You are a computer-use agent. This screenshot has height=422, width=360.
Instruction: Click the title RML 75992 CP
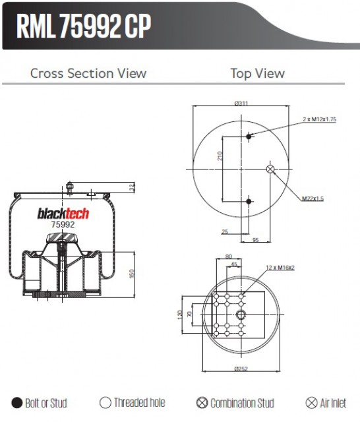(x=84, y=26)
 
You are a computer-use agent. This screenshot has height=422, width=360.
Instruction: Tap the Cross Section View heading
(x=88, y=73)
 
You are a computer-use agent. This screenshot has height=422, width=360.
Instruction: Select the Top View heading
(x=258, y=73)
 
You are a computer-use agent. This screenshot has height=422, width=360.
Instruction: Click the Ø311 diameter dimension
(x=241, y=103)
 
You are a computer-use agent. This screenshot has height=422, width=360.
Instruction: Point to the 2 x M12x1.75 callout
(x=319, y=119)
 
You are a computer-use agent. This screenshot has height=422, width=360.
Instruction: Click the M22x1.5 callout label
(x=313, y=198)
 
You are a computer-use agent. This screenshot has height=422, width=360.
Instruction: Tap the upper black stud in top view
(x=249, y=136)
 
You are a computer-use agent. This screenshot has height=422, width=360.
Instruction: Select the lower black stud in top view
(x=249, y=201)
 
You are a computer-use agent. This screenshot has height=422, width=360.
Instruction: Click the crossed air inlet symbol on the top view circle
(x=270, y=169)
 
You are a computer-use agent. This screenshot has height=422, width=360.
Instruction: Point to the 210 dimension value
(x=220, y=156)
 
